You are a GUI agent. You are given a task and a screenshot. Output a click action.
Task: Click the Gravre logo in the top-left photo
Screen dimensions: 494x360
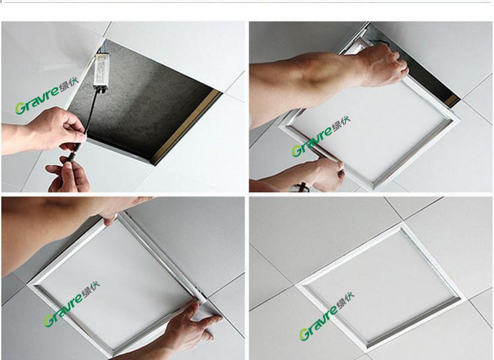click(x=47, y=96)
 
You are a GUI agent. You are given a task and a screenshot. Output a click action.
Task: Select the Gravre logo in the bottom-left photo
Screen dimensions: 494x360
click(x=72, y=304)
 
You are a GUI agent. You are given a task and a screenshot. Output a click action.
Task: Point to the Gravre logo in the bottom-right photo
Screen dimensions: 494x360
click(x=327, y=316)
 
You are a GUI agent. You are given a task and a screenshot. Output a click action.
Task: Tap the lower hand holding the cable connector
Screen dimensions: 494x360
click(x=68, y=174)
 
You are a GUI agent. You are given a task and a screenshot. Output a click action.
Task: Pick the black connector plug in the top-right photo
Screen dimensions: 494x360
click(x=302, y=186)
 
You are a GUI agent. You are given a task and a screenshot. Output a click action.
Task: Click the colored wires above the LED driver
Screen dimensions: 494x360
click(x=100, y=50)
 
